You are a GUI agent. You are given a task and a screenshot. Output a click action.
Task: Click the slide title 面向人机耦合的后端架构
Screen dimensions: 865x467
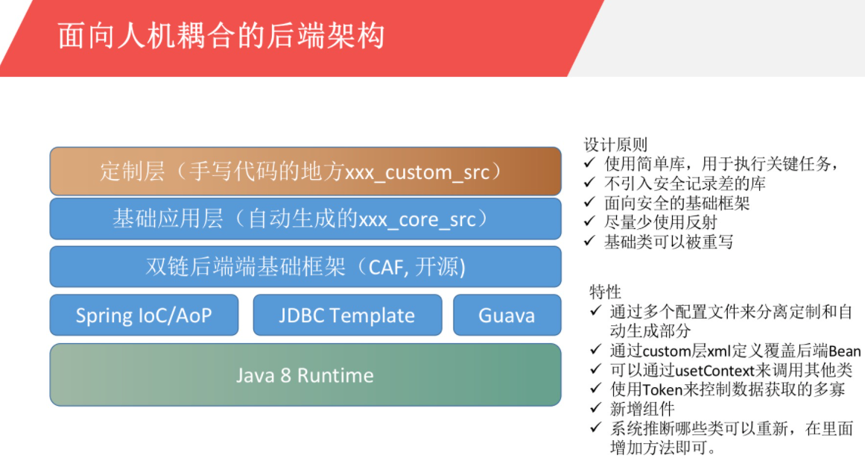pyautogui.click(x=221, y=37)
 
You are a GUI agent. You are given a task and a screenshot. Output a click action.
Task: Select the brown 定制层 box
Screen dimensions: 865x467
pyautogui.click(x=305, y=172)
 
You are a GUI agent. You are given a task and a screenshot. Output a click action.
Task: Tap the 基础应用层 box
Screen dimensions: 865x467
pyautogui.click(x=305, y=219)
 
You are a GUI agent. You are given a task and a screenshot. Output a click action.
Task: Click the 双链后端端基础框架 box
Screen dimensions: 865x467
pyautogui.click(x=305, y=267)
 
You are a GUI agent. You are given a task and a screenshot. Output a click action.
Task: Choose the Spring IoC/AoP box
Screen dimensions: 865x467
pyautogui.click(x=144, y=315)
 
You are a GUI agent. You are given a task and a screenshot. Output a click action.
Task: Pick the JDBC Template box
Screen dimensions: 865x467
pyautogui.click(x=347, y=315)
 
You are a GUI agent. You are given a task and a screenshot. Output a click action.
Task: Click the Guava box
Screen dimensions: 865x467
pyautogui.click(x=507, y=315)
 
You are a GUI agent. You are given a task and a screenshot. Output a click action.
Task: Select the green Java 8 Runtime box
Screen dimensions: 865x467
pyautogui.click(x=305, y=374)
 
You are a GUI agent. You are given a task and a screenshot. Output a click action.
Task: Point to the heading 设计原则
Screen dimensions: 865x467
pyautogui.click(x=615, y=145)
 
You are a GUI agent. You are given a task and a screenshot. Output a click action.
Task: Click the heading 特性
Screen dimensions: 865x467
pyautogui.click(x=605, y=291)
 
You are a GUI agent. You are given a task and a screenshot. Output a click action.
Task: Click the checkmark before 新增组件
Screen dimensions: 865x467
pyautogui.click(x=595, y=408)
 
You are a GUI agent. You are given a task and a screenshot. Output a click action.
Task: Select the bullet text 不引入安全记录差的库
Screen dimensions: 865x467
pyautogui.click(x=685, y=184)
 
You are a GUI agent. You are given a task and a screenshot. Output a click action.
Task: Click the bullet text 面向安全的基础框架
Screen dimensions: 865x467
pyautogui.click(x=677, y=203)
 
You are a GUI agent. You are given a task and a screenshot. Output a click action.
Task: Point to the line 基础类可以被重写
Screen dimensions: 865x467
pyautogui.click(x=668, y=242)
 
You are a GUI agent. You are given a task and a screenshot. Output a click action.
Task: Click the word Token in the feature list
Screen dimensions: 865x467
pyautogui.click(x=663, y=389)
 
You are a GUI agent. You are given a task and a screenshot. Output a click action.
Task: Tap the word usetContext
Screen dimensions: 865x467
pyautogui.click(x=715, y=370)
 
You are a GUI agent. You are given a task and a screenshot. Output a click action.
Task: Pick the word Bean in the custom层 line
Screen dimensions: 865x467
pyautogui.click(x=845, y=351)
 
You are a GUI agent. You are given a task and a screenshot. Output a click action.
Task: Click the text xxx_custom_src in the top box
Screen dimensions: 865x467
pyautogui.click(x=417, y=172)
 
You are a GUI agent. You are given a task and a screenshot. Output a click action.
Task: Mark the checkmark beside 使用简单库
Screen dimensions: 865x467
pyautogui.click(x=590, y=163)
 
